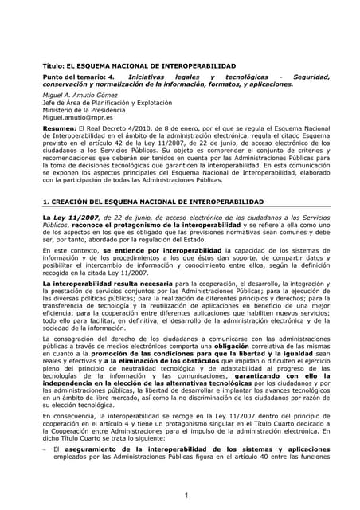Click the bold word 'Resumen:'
59,127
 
